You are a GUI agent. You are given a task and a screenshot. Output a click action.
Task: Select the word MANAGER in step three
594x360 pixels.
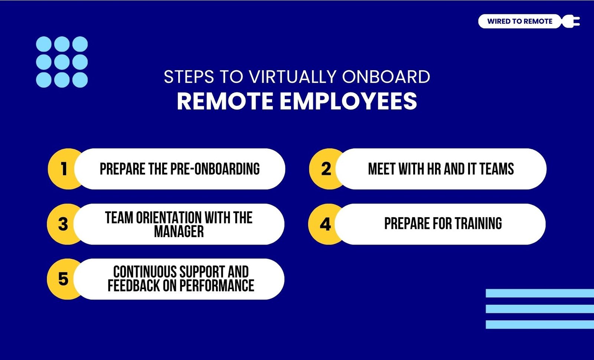(179, 232)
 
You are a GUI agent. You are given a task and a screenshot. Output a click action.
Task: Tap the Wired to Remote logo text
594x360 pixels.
(520, 21)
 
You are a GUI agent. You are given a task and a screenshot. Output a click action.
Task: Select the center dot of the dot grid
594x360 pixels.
(62, 62)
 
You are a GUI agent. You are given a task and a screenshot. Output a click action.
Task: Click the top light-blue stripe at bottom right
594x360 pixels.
(540, 293)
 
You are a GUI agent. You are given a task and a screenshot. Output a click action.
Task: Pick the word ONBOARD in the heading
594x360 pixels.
(386, 76)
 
